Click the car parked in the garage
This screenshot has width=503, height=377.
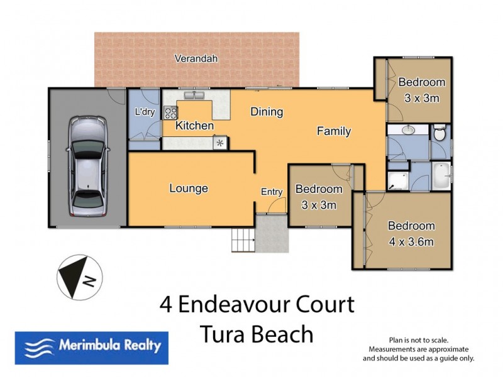click(87, 167)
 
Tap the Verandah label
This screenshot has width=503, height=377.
click(196, 58)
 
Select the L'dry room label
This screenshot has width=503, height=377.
click(145, 112)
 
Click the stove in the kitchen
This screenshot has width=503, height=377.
click(170, 113)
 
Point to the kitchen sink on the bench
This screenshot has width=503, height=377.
click(195, 96)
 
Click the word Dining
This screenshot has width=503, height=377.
click(267, 112)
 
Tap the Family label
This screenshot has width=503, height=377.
click(333, 131)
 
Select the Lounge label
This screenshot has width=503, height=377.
click(189, 188)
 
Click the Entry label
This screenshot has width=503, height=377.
click(272, 192)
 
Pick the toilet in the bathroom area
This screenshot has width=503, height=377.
click(439, 134)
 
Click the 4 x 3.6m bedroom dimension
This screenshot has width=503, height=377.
click(411, 241)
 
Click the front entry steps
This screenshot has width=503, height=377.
click(243, 241)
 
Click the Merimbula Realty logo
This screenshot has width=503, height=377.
click(92, 346)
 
